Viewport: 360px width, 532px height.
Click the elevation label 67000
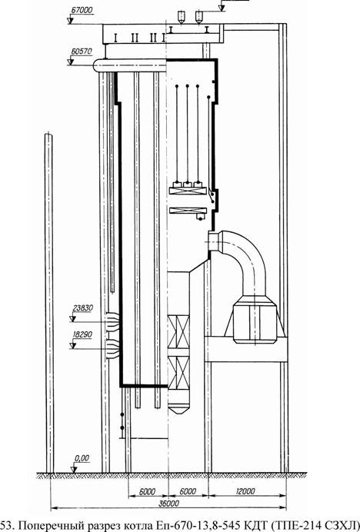(82, 10)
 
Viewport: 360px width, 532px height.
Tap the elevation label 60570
(82, 52)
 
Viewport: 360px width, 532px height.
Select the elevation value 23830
(83, 308)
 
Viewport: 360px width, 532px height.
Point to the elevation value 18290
(82, 334)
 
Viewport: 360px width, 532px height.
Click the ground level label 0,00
(82, 458)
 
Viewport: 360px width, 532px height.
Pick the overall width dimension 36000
(168, 504)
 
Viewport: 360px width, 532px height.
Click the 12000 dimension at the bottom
(245, 491)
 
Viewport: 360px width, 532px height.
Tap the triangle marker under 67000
(71, 21)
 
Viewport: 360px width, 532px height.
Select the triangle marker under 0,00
(74, 470)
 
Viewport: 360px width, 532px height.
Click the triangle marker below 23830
(72, 319)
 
